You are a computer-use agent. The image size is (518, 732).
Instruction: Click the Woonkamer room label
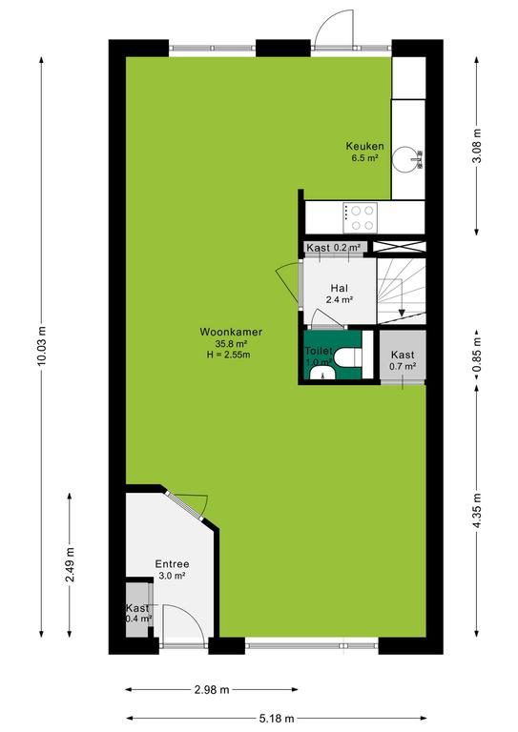pos(231,332)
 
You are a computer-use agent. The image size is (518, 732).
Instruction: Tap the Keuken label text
pos(364,146)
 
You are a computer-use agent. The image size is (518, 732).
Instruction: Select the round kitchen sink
pos(404,160)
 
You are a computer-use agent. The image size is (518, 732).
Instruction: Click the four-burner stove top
pos(361,217)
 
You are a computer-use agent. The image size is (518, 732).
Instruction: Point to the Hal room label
pos(339,288)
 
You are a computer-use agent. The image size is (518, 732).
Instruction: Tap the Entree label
pos(173,564)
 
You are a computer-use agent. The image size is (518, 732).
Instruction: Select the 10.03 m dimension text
pos(43,346)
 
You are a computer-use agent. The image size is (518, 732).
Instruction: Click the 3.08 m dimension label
pos(477,146)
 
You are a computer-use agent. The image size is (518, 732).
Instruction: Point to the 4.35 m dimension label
pos(477,511)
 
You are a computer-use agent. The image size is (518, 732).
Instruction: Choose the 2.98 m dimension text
pos(212,689)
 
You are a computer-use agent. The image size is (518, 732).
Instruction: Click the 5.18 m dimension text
pos(277,718)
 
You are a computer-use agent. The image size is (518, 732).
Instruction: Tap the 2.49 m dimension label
pos(70,564)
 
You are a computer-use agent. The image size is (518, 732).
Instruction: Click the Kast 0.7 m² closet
pos(403,357)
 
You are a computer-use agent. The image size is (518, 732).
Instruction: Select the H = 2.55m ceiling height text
pos(228,355)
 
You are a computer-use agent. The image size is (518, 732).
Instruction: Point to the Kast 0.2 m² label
pos(334,248)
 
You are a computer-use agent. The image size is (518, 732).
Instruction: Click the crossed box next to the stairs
pos(400,247)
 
